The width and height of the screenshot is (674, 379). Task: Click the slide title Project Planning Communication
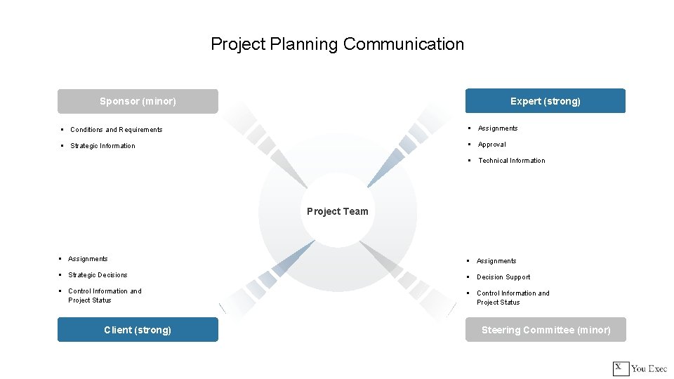(x=337, y=44)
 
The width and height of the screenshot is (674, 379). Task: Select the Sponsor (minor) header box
(x=138, y=101)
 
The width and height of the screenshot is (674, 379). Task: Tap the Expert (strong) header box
(x=546, y=101)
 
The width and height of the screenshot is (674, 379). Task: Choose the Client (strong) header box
(x=138, y=330)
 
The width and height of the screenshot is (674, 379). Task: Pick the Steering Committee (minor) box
(x=546, y=330)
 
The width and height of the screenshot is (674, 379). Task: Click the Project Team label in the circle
(x=337, y=211)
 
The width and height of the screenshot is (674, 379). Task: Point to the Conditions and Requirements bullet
(x=116, y=130)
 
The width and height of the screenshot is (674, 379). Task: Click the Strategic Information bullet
(x=103, y=146)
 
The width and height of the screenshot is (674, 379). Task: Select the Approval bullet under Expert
(x=491, y=145)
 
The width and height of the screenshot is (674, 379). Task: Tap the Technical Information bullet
(x=511, y=161)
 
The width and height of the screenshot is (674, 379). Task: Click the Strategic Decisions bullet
(x=98, y=275)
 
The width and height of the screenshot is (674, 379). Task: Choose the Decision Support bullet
(x=503, y=277)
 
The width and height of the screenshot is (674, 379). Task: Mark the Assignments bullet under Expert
(x=498, y=128)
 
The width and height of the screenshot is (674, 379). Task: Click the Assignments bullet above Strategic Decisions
(x=88, y=259)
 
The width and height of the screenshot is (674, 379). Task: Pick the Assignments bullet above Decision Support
(x=496, y=261)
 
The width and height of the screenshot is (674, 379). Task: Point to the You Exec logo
(x=640, y=368)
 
